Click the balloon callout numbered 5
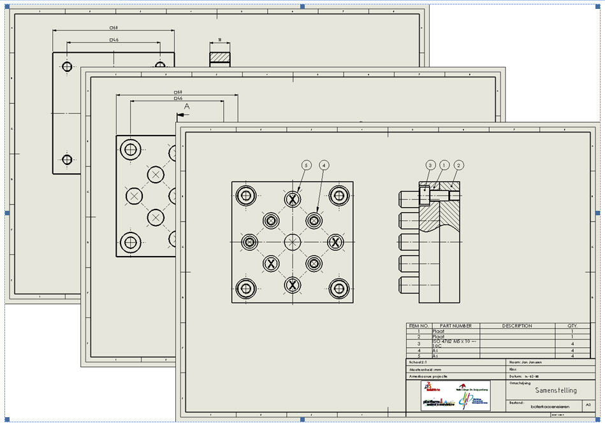tap(307, 166)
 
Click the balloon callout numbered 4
tap(324, 166)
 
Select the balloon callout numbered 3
tap(430, 166)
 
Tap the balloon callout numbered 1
tap(444, 166)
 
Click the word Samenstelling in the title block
tap(555, 390)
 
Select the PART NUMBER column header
tap(455, 325)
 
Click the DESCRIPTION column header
tap(516, 325)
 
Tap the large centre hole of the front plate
tap(292, 242)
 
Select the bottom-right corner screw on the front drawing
tap(339, 288)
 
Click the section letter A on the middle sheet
tap(187, 107)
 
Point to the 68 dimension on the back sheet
tap(115, 28)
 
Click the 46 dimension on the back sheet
tap(115, 39)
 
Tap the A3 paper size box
tap(588, 405)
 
